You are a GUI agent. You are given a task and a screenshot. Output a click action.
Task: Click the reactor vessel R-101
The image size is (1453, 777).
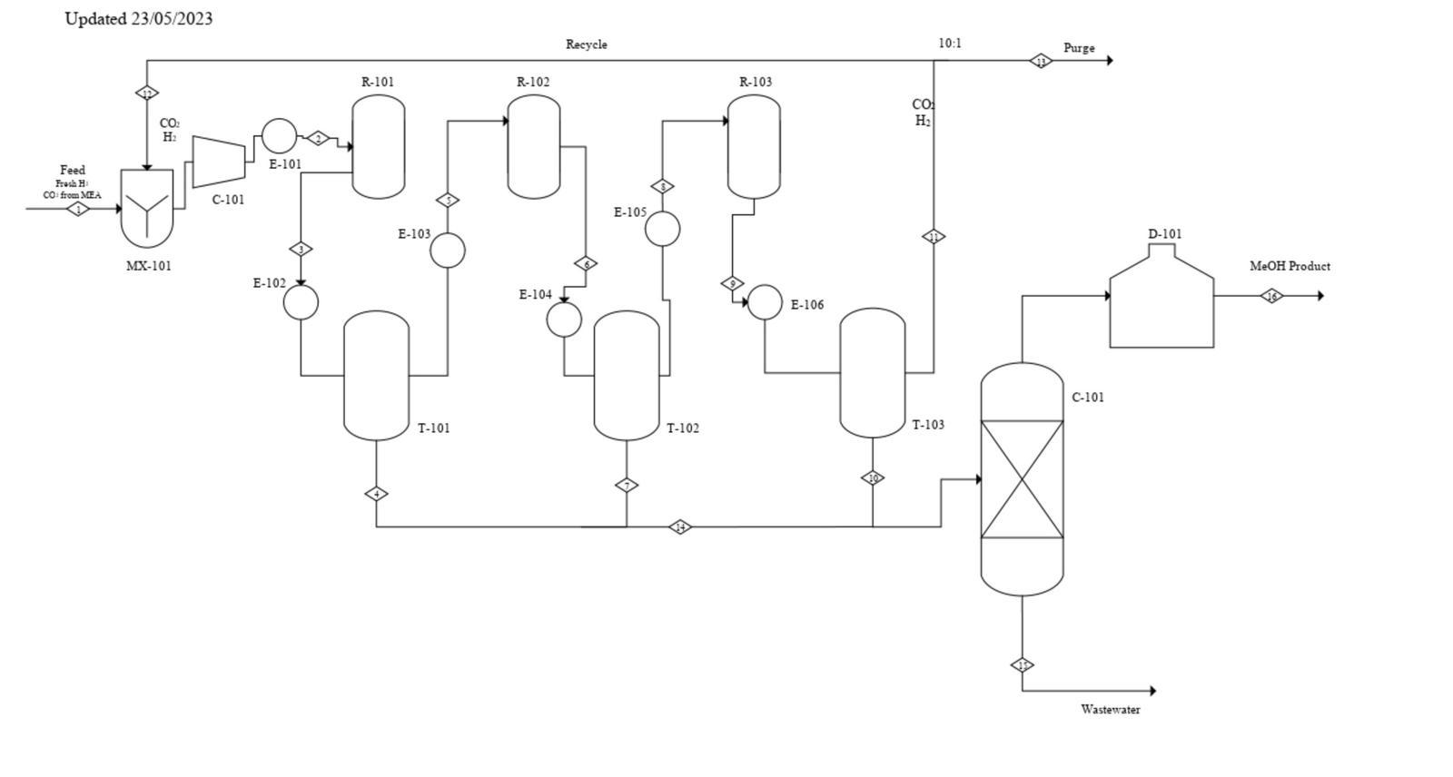(x=378, y=146)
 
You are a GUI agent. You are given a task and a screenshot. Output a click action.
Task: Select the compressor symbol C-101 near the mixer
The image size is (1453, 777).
(x=219, y=162)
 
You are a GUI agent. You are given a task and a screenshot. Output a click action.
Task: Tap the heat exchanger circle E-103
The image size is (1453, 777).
(x=447, y=250)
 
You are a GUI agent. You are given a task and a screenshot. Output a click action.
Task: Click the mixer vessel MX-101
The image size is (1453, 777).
(x=147, y=209)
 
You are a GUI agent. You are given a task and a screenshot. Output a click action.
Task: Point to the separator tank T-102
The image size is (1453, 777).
(x=626, y=375)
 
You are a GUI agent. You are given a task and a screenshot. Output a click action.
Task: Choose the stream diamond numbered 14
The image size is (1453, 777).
(x=680, y=527)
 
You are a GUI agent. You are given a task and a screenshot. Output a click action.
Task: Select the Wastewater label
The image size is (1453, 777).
(x=1110, y=710)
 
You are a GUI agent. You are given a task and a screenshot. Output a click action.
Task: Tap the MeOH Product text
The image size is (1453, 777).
(x=1290, y=266)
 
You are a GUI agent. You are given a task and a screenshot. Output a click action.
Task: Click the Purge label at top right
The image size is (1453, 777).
(x=1079, y=48)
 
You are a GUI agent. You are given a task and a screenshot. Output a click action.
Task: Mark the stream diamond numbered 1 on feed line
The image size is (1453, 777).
(x=79, y=209)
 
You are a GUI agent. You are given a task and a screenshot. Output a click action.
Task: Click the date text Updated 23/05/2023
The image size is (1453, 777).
(x=139, y=18)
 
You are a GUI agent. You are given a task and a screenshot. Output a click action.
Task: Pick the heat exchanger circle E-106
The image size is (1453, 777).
(x=765, y=302)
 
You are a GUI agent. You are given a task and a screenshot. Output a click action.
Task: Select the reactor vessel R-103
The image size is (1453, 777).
(x=754, y=146)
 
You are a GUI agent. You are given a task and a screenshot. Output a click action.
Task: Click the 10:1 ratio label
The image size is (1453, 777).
(x=950, y=44)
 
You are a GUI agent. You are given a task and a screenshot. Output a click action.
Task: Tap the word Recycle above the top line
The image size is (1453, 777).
(x=587, y=44)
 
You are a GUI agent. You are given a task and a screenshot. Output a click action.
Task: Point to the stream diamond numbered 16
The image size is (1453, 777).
(x=1272, y=296)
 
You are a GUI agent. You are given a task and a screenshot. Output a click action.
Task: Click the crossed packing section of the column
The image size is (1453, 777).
(x=1023, y=479)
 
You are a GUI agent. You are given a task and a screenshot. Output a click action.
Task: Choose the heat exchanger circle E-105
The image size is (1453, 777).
(x=662, y=229)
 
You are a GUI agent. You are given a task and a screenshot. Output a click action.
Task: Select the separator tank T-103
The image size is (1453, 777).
(x=872, y=372)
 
